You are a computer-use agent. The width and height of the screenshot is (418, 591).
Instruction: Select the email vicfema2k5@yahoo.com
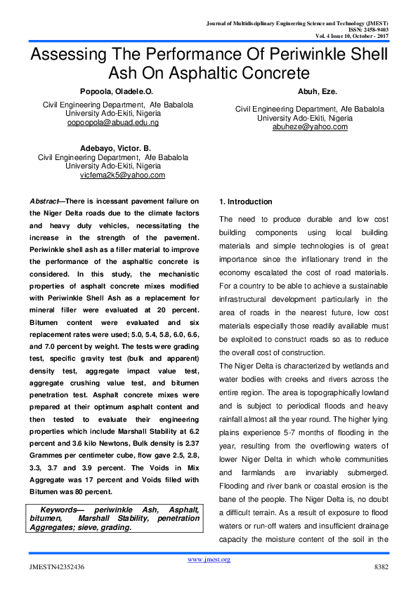click(122, 175)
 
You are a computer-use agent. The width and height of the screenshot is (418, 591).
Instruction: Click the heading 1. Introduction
click(241, 201)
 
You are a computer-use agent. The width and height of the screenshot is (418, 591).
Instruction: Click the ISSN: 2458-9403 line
click(368, 30)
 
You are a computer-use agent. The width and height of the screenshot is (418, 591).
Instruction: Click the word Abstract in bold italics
click(47, 201)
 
